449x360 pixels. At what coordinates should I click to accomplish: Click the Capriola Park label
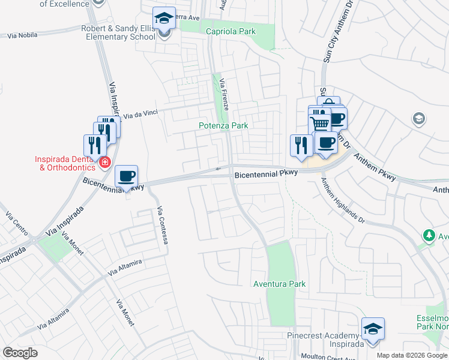(x=231, y=32)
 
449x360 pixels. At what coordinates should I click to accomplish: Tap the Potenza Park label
(x=223, y=126)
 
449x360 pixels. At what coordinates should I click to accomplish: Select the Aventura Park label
(x=279, y=284)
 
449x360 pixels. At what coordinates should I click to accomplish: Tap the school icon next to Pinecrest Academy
(x=373, y=329)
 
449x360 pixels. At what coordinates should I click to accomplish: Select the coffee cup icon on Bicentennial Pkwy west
(x=126, y=176)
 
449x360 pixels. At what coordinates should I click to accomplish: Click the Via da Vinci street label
(x=140, y=113)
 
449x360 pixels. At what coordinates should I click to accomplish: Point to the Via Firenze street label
(x=224, y=94)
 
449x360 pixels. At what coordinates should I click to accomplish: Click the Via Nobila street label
(x=23, y=36)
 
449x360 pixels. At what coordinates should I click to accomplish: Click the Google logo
(x=20, y=353)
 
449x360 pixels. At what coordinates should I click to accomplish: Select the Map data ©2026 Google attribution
(x=412, y=355)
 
